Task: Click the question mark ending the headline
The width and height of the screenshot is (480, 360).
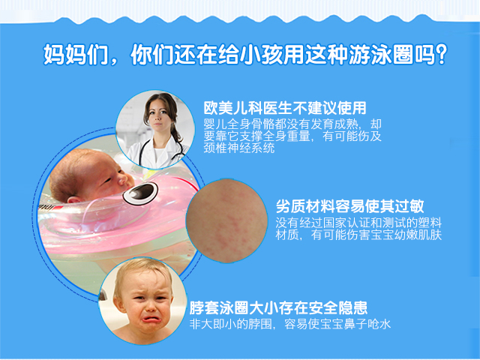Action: click(441, 55)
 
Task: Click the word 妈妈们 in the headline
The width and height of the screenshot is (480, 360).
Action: click(76, 55)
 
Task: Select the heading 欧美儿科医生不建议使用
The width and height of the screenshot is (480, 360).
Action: click(285, 108)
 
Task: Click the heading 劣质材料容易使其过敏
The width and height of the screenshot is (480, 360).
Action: click(350, 206)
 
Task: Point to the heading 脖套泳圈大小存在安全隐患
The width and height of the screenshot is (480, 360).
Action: click(278, 307)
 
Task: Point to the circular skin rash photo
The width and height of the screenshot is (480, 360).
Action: click(226, 220)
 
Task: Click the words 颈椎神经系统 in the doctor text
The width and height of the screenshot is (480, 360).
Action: click(239, 148)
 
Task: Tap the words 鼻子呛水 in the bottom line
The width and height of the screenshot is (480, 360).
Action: click(367, 324)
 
